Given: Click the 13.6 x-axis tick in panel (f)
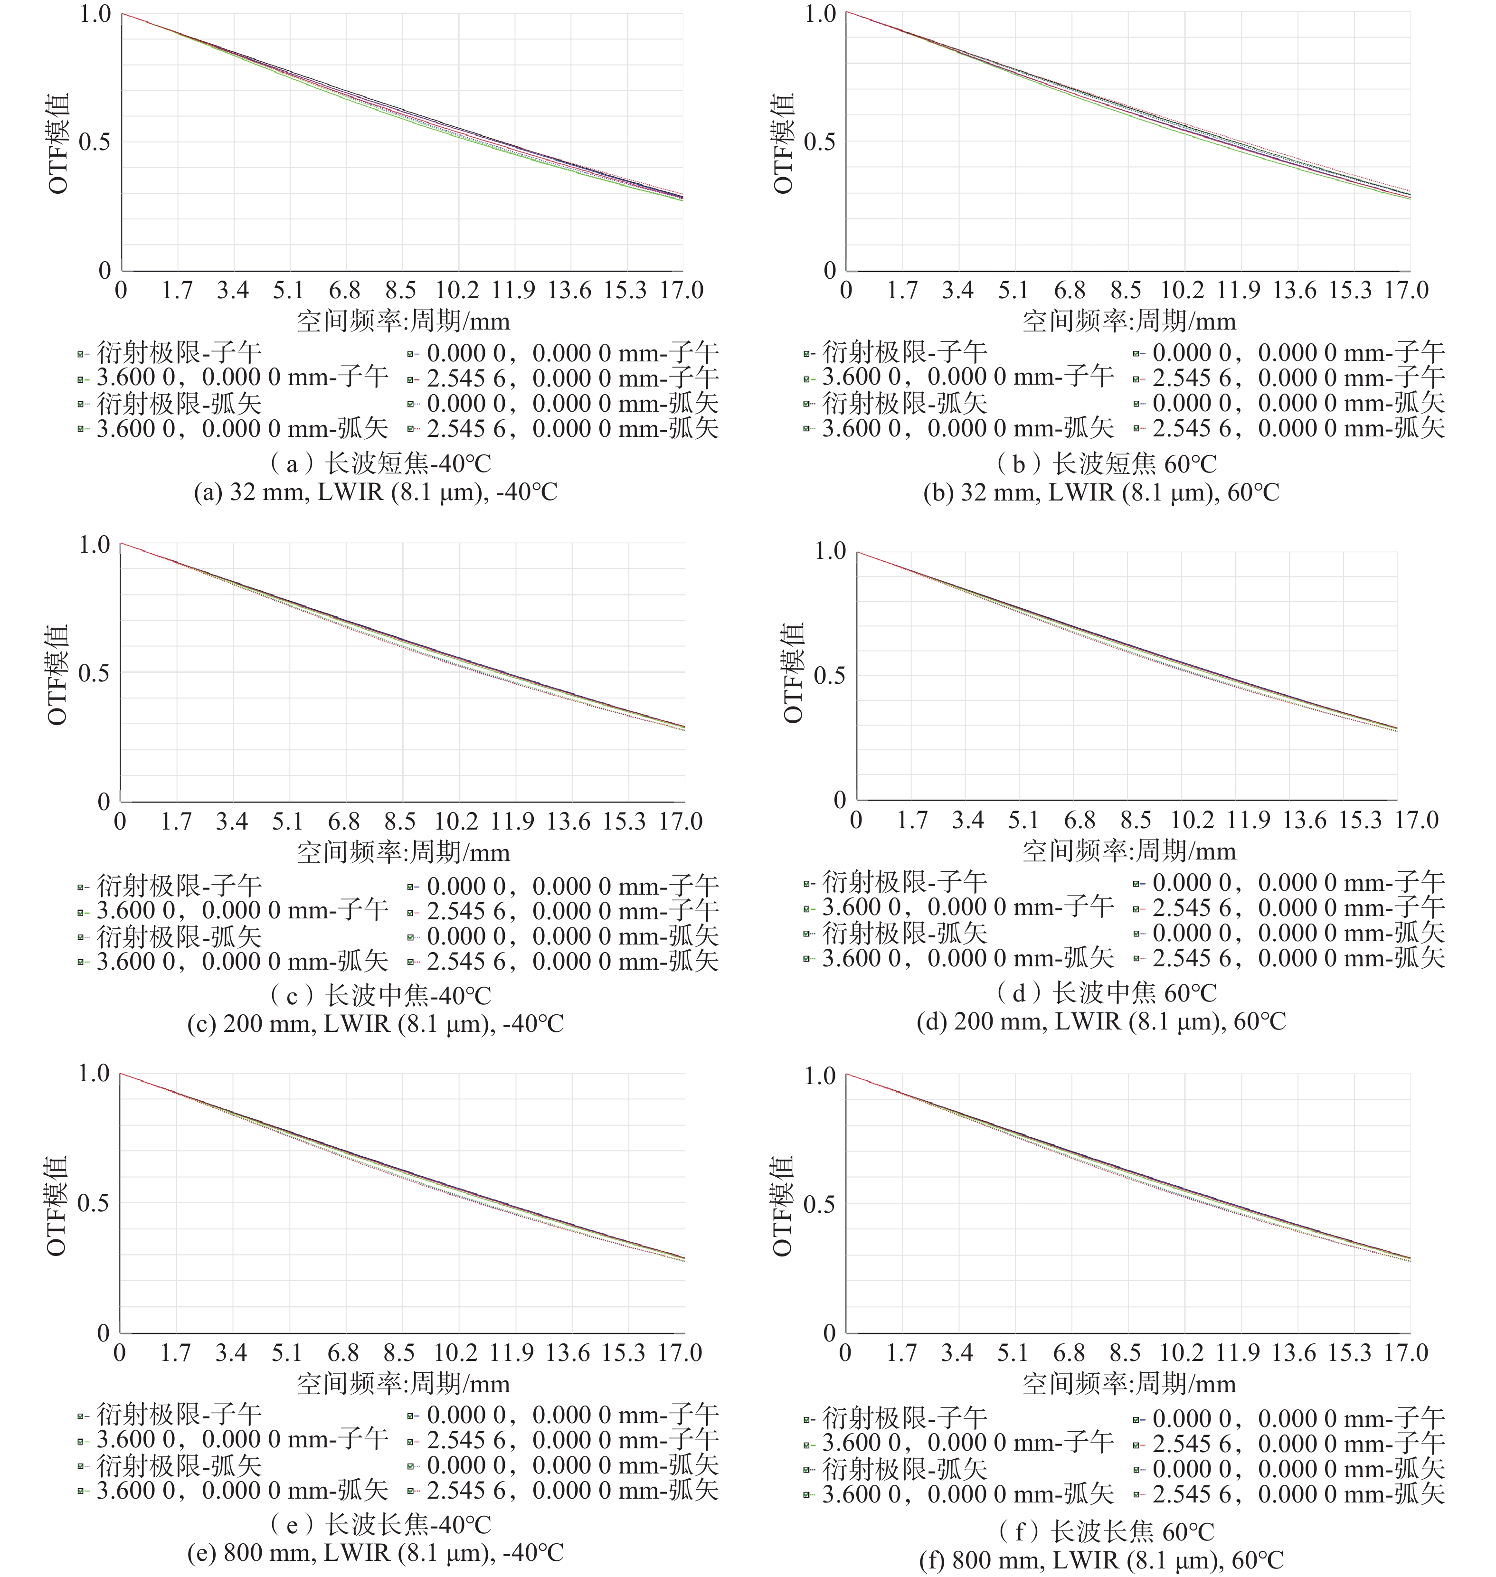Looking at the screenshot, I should [x=1294, y=1352].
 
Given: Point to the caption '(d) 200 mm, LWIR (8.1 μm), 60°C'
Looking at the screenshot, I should [x=1101, y=1021].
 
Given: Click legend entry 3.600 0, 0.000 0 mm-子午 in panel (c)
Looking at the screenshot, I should [x=242, y=910].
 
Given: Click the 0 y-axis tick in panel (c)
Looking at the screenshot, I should [x=104, y=801].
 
